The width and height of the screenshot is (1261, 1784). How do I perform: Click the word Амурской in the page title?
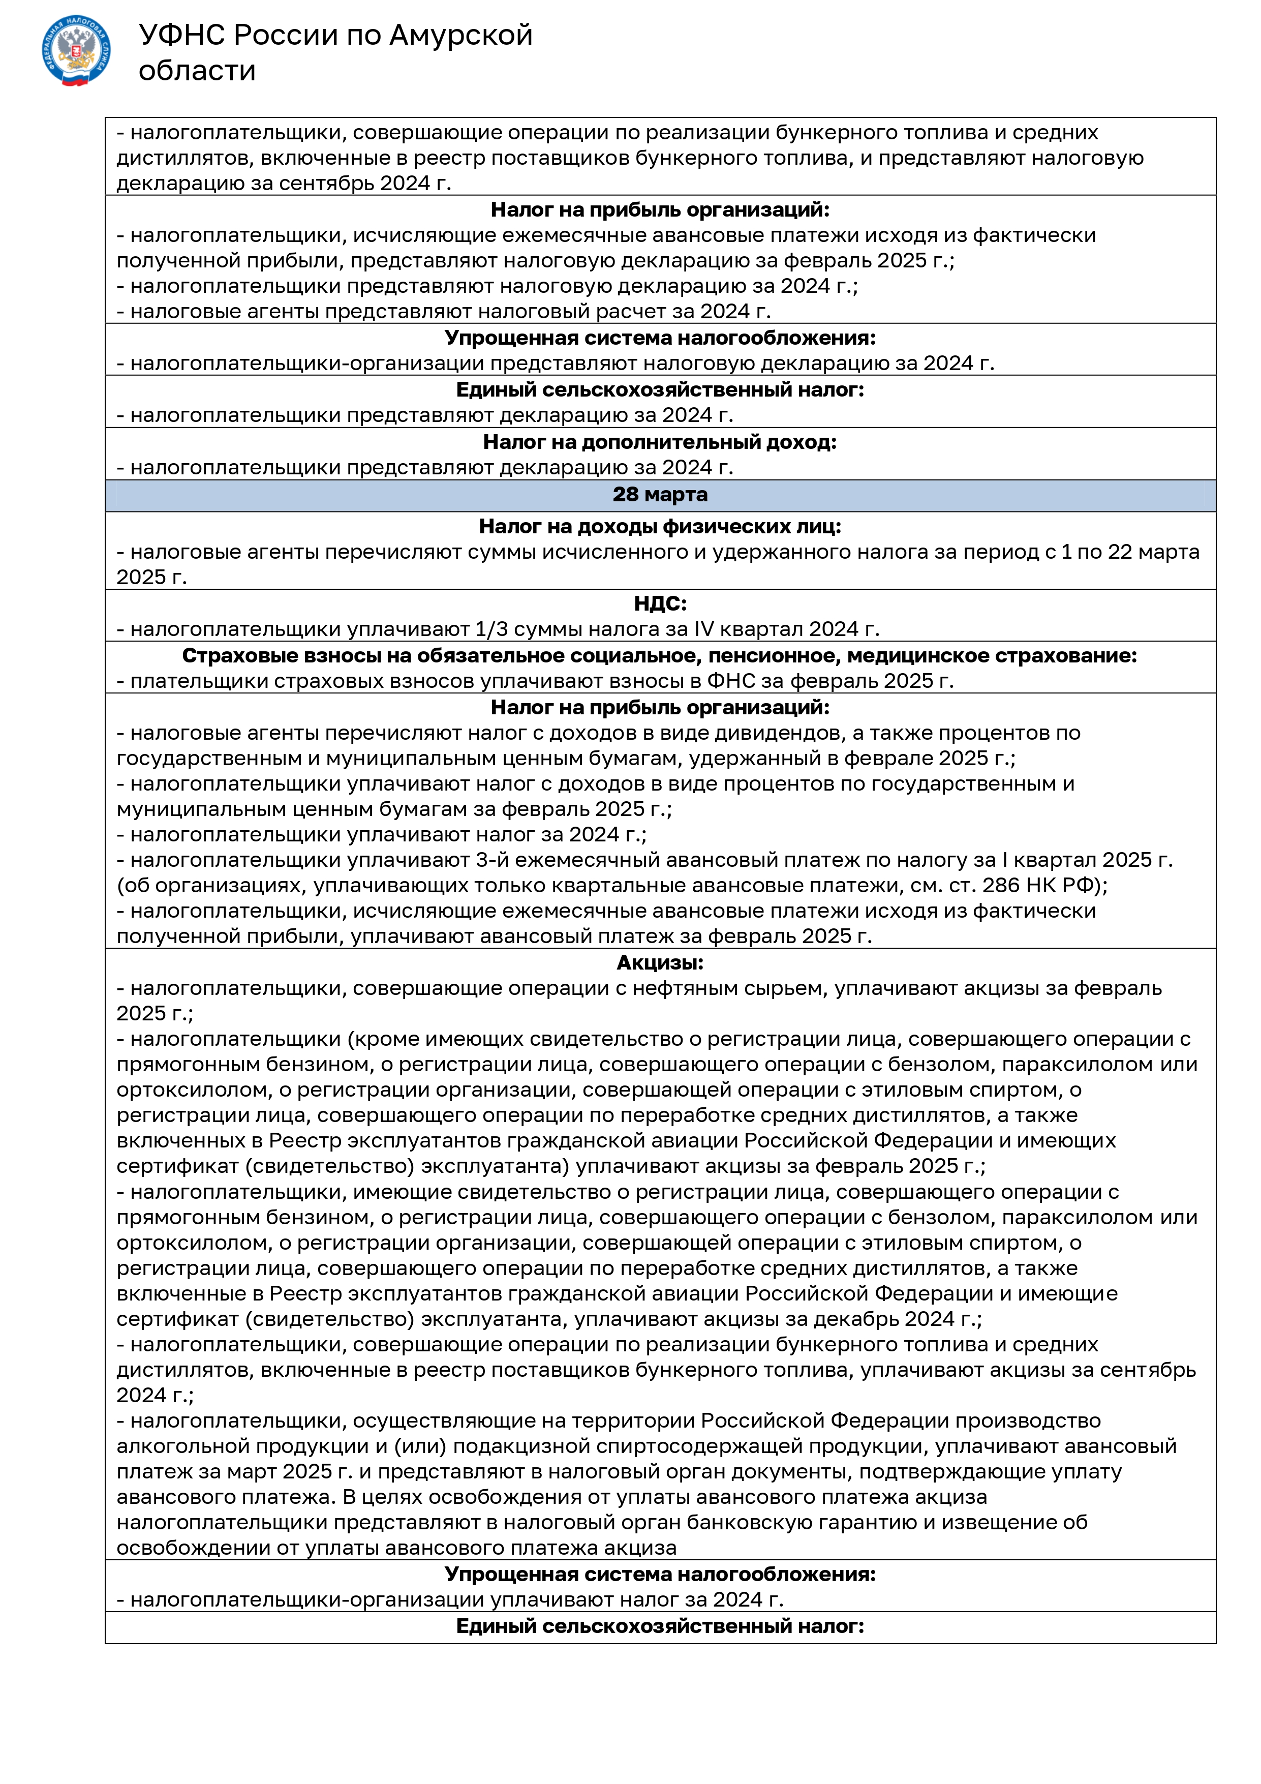460,35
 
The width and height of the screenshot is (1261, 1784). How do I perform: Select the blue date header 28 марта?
660,494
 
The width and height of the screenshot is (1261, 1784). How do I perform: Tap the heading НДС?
660,603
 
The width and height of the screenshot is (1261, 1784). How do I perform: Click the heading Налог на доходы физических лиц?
660,526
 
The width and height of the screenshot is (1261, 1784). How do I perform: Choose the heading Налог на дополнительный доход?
660,442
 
